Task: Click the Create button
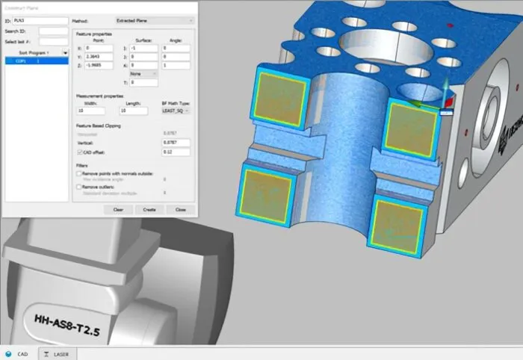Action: [x=149, y=209]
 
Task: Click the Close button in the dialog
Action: [x=180, y=209]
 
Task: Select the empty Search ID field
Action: [x=53, y=31]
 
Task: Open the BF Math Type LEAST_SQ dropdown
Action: [x=176, y=111]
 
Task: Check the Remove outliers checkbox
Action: [x=78, y=186]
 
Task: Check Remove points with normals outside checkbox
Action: [x=78, y=173]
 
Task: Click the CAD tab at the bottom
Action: [x=18, y=353]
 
